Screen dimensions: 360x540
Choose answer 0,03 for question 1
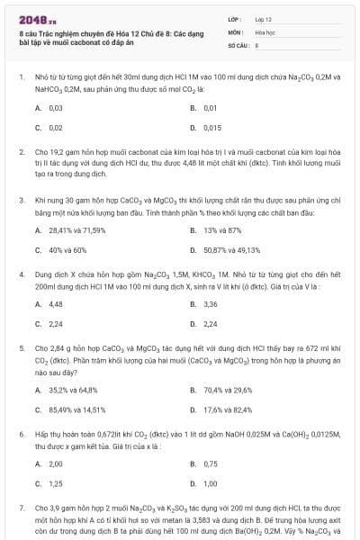[55, 108]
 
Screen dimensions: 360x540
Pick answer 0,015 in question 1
[212, 128]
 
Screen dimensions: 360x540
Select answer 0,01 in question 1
[211, 108]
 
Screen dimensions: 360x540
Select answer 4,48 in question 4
[55, 304]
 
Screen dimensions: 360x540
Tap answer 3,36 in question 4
[211, 304]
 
